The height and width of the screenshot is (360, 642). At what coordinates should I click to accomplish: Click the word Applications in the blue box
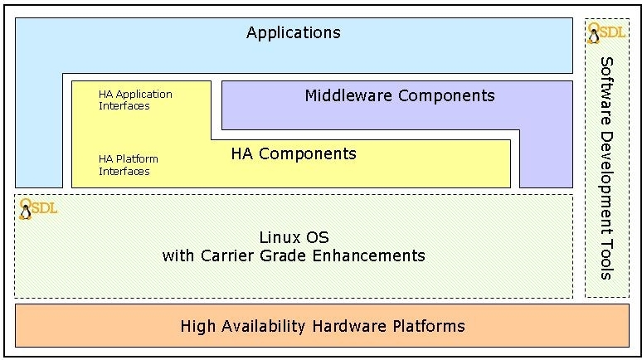pyautogui.click(x=293, y=33)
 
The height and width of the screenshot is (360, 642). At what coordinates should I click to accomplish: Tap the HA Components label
pyautogui.click(x=293, y=153)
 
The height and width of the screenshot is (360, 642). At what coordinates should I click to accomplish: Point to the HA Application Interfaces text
pyautogui.click(x=135, y=100)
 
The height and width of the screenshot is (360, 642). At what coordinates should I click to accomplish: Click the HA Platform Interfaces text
pyautogui.click(x=128, y=165)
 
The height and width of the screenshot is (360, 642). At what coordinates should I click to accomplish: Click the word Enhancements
pyautogui.click(x=372, y=255)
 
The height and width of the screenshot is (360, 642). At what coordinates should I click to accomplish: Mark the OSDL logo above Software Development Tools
pyautogui.click(x=606, y=33)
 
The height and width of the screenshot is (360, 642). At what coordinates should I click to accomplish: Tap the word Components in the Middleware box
pyautogui.click(x=446, y=95)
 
